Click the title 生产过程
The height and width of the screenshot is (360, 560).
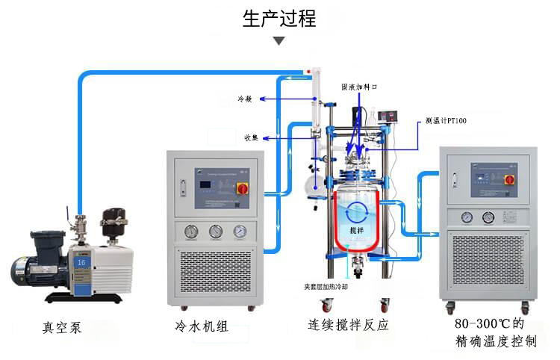click(279, 19)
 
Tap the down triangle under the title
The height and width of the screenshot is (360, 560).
click(279, 40)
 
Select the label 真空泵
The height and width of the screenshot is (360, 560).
click(63, 327)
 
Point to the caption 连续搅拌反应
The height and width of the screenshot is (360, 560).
click(349, 326)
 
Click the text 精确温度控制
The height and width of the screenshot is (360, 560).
click(495, 343)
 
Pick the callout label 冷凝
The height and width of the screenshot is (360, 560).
click(245, 99)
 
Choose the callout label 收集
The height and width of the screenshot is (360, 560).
click(251, 137)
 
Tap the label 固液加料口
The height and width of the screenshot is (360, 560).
click(360, 87)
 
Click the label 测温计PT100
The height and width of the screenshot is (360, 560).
click(446, 120)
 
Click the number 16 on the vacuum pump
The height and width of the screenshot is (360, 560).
click(81, 261)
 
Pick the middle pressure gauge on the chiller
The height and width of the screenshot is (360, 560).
click(216, 232)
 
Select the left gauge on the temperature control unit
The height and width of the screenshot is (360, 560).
click(467, 217)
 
